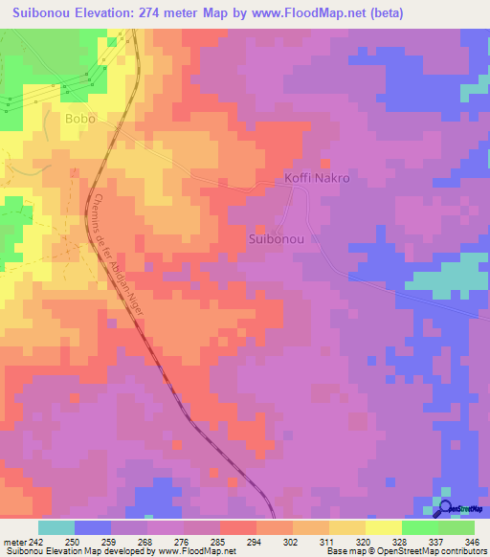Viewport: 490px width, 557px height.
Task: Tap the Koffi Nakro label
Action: tap(317, 179)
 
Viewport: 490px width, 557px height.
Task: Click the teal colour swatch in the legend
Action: tap(56, 527)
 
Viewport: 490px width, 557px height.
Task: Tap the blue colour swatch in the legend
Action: tap(93, 527)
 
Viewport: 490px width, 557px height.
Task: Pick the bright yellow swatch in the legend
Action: tap(383, 527)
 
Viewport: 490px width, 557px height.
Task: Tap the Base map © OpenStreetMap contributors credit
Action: tap(405, 551)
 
